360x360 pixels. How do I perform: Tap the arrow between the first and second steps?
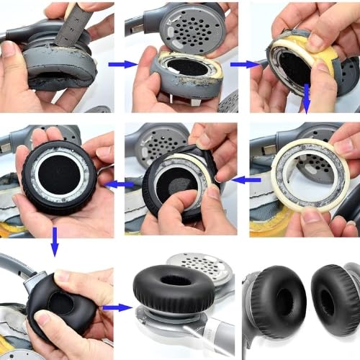click(122, 64)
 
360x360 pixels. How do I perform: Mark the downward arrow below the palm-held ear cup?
click(55, 249)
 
